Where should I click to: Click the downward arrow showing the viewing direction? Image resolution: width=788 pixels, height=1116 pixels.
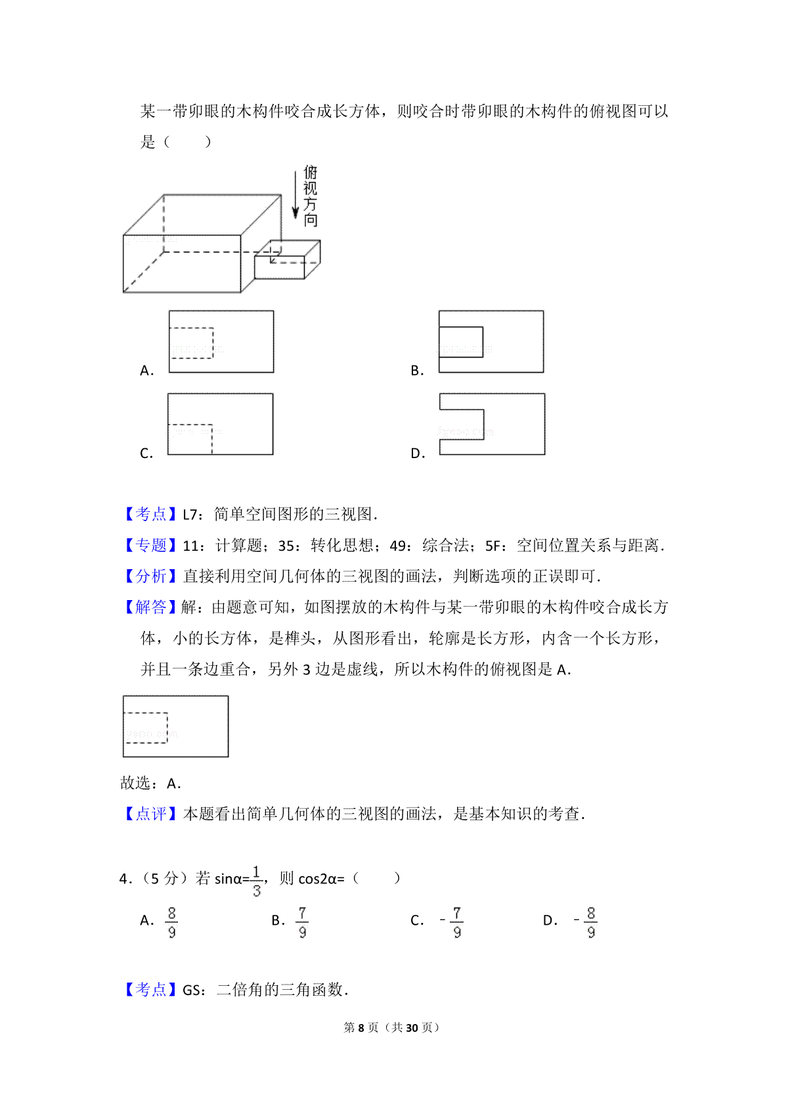pyautogui.click(x=295, y=194)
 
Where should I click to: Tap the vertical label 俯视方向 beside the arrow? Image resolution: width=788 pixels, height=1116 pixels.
pyautogui.click(x=311, y=196)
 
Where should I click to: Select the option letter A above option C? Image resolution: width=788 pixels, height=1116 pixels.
pyautogui.click(x=146, y=371)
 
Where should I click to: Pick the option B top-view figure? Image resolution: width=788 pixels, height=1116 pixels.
pyautogui.click(x=491, y=342)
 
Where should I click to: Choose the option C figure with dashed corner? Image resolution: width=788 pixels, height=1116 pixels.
pyautogui.click(x=220, y=424)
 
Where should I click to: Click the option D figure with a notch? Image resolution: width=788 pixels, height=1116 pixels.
pyautogui.click(x=492, y=424)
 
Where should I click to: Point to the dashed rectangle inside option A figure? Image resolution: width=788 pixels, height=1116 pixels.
pyautogui.click(x=192, y=343)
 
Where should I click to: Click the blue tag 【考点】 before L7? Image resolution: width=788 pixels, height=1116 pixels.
pyautogui.click(x=150, y=514)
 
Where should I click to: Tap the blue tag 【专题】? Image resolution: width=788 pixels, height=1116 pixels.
pyautogui.click(x=150, y=545)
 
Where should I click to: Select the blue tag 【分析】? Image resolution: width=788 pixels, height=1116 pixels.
pyautogui.click(x=150, y=576)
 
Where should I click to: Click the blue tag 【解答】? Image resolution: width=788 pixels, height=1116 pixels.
pyautogui.click(x=150, y=607)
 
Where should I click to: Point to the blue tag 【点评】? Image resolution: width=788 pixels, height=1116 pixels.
pyautogui.click(x=150, y=814)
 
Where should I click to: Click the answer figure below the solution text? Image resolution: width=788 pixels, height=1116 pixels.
pyautogui.click(x=176, y=726)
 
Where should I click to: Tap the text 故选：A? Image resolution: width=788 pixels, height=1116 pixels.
pyautogui.click(x=150, y=783)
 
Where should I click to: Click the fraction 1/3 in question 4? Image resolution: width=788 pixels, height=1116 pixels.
pyautogui.click(x=256, y=881)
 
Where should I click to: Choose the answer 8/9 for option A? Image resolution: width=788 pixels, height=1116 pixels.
pyautogui.click(x=171, y=922)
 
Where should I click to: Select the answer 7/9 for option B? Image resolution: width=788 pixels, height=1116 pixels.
pyautogui.click(x=302, y=922)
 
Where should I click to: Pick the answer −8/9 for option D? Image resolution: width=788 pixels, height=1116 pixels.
pyautogui.click(x=586, y=922)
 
